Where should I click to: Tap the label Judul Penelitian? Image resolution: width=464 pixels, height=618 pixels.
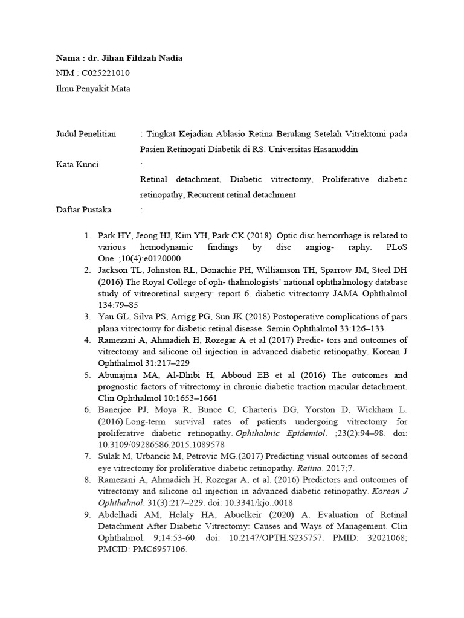point(85,133)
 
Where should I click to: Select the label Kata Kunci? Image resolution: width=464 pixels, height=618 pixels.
point(77,164)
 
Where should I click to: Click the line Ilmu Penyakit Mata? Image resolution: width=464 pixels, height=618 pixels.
point(92,88)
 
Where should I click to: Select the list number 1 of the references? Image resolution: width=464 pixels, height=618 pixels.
point(87,235)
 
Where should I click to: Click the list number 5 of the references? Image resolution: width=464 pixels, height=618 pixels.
point(87,374)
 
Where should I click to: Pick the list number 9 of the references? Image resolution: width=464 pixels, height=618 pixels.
point(87,514)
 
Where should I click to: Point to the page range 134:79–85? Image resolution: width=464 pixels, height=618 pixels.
point(118,305)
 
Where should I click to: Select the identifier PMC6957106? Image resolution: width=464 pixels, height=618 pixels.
point(155,549)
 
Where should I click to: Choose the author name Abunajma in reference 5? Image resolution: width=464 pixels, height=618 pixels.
point(117,374)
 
